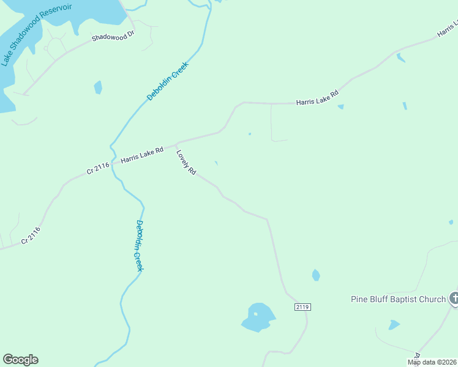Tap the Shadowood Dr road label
[x=113, y=37]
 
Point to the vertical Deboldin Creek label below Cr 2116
[x=139, y=245]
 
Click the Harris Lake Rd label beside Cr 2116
[x=142, y=154]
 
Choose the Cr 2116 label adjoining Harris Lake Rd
[x=98, y=167]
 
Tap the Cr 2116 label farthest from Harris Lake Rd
[x=31, y=235]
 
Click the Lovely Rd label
[x=186, y=163]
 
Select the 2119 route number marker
[x=302, y=306]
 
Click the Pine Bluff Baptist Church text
[x=398, y=299]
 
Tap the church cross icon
[x=454, y=298]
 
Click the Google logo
[x=20, y=360]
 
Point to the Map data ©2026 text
[x=432, y=362]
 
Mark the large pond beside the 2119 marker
[x=258, y=317]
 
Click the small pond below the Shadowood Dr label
[x=98, y=87]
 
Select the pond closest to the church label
[x=394, y=324]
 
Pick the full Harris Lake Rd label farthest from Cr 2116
[x=317, y=98]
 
